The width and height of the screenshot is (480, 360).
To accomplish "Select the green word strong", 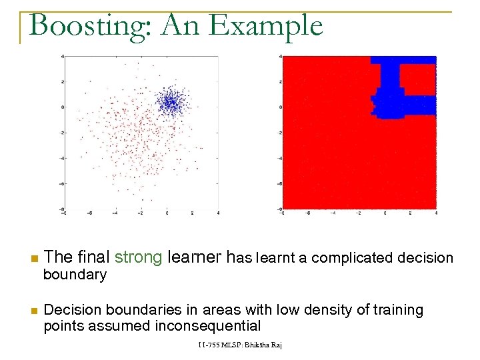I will coord(139,257).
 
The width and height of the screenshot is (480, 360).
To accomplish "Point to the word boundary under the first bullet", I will coord(75,275).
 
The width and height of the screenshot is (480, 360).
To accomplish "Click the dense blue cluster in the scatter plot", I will coord(169,103).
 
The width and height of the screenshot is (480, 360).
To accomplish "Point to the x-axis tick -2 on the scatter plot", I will coord(141,213).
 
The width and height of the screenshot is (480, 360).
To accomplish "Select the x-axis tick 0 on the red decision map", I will coord(385,213).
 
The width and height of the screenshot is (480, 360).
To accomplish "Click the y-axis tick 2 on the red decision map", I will coord(281,81).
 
